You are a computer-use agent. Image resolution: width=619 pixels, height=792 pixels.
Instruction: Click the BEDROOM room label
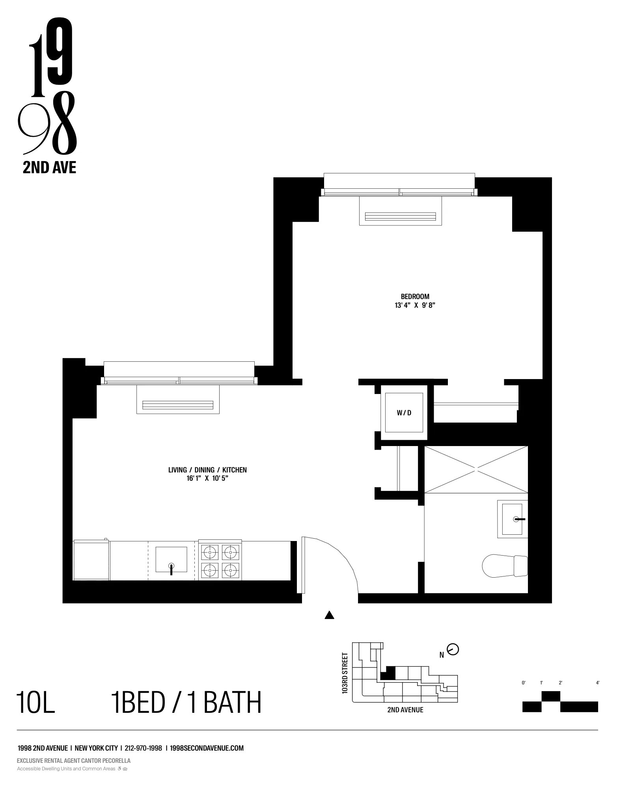pyautogui.click(x=415, y=296)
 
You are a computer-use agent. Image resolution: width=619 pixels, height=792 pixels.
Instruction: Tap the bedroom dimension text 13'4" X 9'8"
pyautogui.click(x=415, y=305)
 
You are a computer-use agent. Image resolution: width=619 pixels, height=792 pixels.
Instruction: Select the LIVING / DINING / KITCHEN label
pyautogui.click(x=207, y=470)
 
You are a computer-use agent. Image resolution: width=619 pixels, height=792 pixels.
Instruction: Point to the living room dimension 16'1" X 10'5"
pyautogui.click(x=207, y=478)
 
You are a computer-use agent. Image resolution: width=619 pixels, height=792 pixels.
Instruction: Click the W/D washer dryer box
pyautogui.click(x=404, y=413)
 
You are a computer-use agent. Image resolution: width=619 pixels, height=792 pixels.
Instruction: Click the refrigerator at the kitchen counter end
pyautogui.click(x=91, y=560)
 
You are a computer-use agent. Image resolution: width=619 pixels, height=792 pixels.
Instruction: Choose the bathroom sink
pyautogui.click(x=512, y=519)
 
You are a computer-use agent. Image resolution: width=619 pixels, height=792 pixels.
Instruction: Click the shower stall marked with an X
pyautogui.click(x=476, y=469)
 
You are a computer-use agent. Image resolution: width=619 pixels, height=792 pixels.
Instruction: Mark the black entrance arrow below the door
pyautogui.click(x=330, y=615)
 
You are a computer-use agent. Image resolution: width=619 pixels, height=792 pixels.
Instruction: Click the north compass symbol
pyautogui.click(x=453, y=649)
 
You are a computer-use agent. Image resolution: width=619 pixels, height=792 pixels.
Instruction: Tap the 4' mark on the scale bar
pyautogui.click(x=598, y=683)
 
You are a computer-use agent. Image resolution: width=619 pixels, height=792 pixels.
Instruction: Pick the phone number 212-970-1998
pyautogui.click(x=143, y=748)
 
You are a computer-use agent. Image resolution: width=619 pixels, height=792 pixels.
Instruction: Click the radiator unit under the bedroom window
pyautogui.click(x=400, y=216)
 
